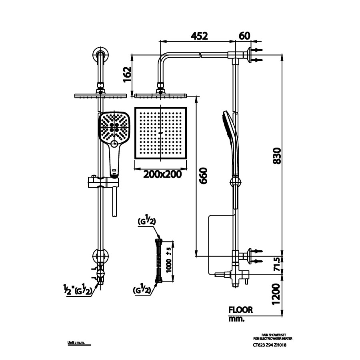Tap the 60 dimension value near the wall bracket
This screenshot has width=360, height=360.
coord(244,36)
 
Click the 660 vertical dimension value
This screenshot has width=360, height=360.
coord(203,176)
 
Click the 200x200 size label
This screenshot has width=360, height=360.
coord(160,174)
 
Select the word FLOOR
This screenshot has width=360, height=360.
coord(240,310)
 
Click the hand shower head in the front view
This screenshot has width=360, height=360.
coord(114,127)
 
